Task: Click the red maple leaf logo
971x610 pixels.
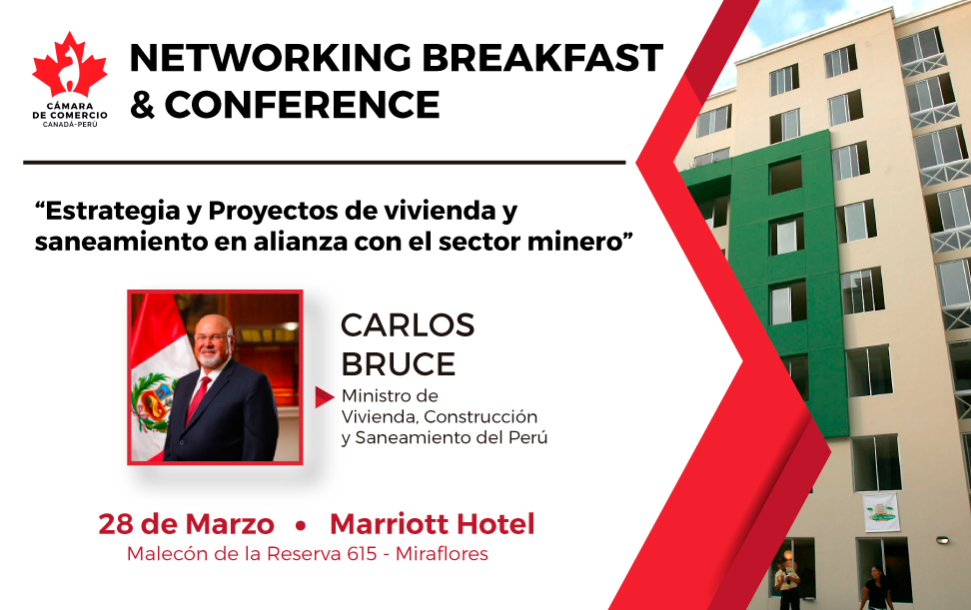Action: click(70, 65)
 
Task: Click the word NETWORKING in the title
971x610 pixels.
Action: click(271, 58)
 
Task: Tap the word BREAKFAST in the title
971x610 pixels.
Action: click(542, 58)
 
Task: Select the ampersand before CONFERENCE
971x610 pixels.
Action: click(143, 104)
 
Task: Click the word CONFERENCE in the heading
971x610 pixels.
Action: click(303, 104)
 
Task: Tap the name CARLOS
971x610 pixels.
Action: click(408, 325)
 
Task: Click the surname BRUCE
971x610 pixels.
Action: click(399, 364)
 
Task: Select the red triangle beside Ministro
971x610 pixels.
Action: click(324, 397)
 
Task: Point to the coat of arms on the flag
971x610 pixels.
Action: click(151, 401)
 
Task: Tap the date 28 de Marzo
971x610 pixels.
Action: click(187, 524)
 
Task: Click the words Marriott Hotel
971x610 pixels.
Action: click(433, 524)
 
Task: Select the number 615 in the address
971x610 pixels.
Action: click(363, 553)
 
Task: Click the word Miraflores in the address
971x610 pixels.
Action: click(442, 553)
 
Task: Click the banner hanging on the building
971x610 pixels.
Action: click(881, 512)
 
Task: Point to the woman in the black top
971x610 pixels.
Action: click(877, 588)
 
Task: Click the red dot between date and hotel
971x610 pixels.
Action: click(301, 526)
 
